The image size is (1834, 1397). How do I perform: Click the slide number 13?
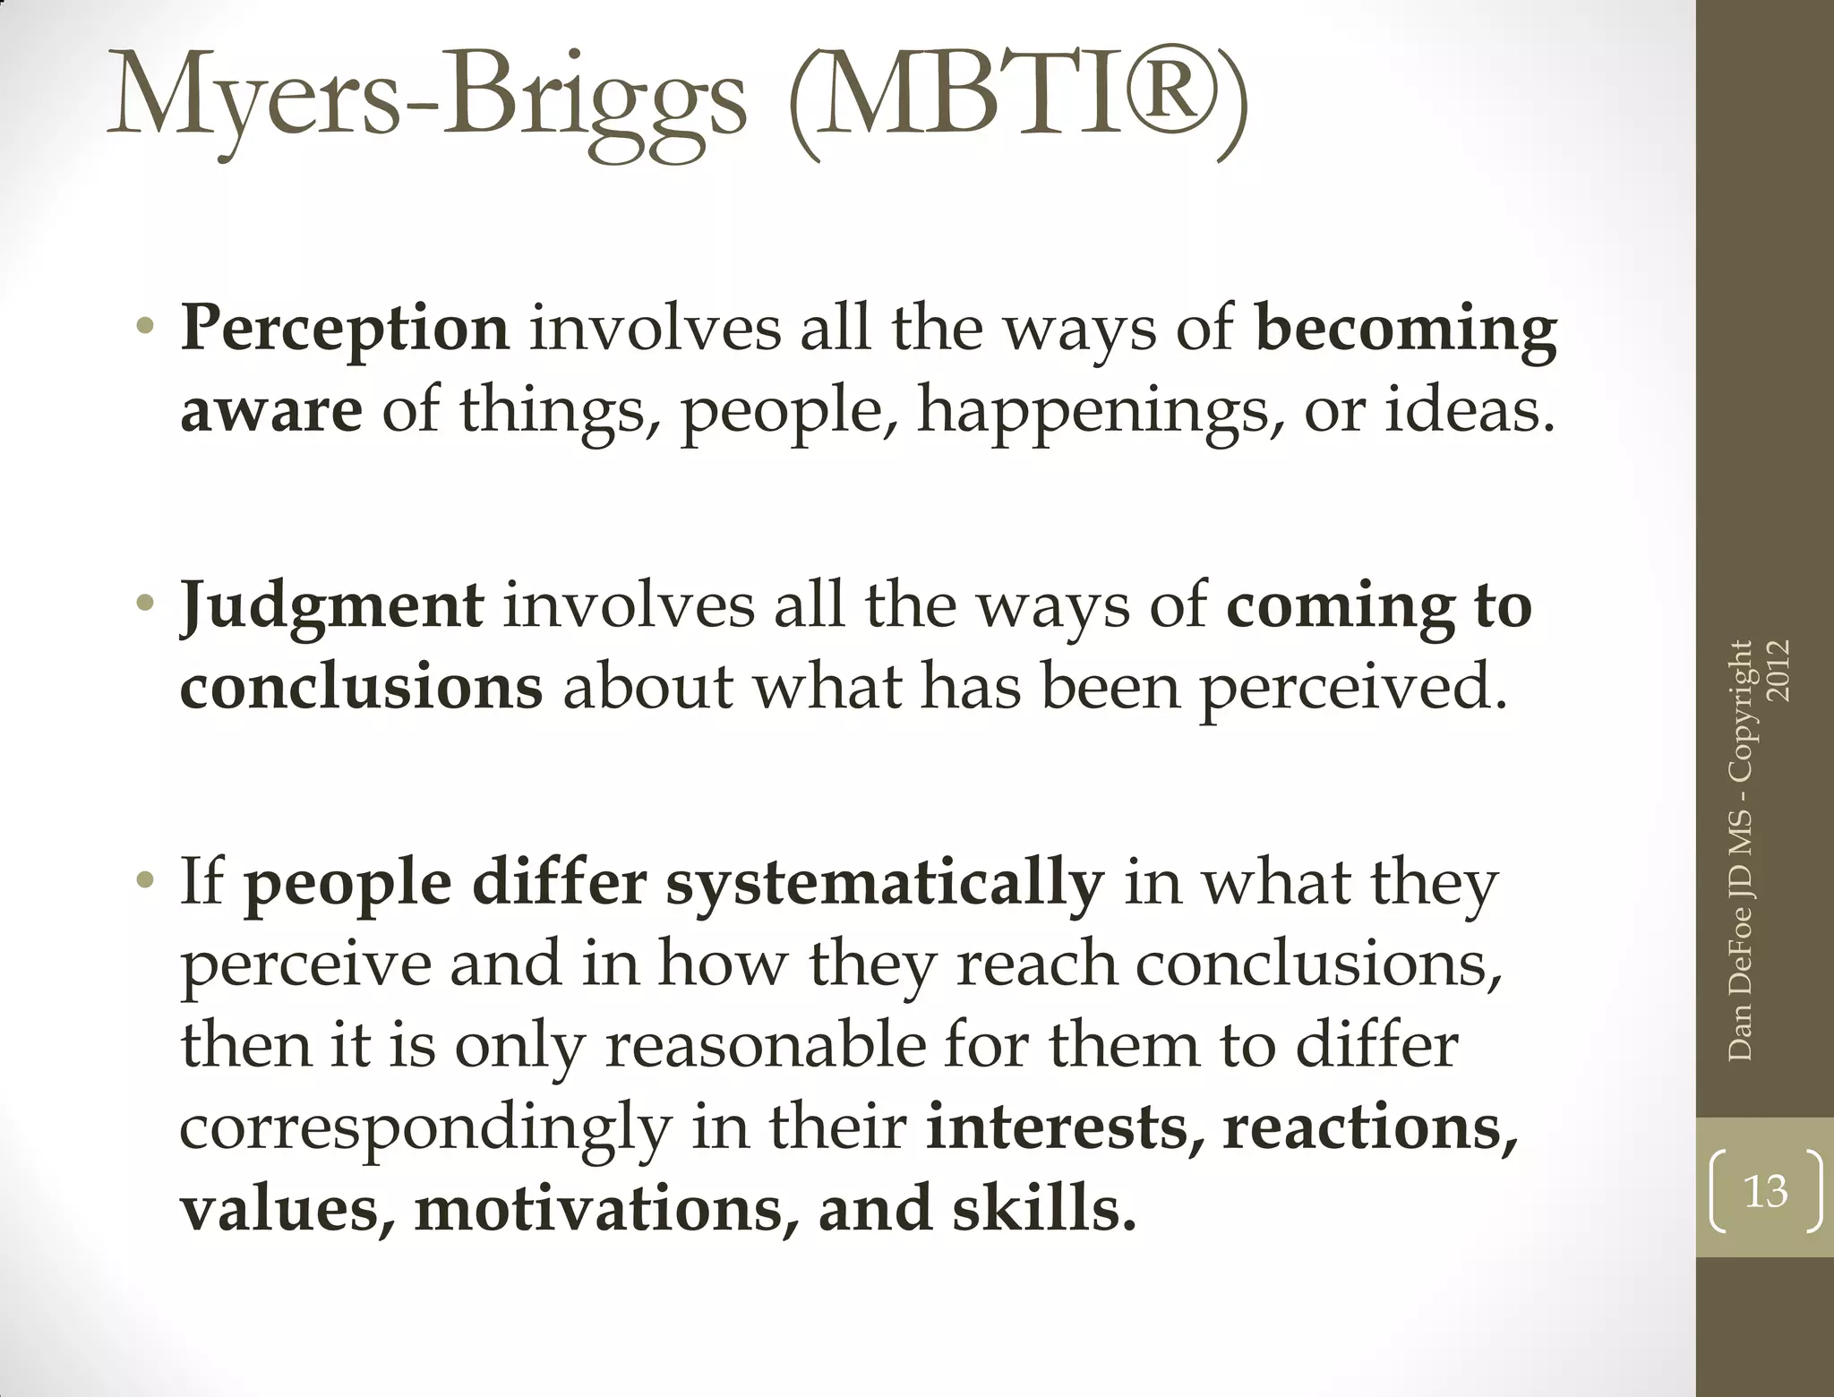[1765, 1192]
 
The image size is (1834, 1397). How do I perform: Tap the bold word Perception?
[345, 329]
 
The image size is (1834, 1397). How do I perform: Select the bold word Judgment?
[332, 606]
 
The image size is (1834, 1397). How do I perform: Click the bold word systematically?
[885, 884]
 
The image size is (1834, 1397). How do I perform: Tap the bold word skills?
[1043, 1208]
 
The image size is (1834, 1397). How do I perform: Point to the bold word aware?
[271, 411]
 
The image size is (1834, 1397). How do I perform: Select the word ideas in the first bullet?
[1468, 411]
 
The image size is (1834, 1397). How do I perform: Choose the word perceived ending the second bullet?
[1352, 689]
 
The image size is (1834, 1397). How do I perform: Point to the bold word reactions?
[1370, 1127]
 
